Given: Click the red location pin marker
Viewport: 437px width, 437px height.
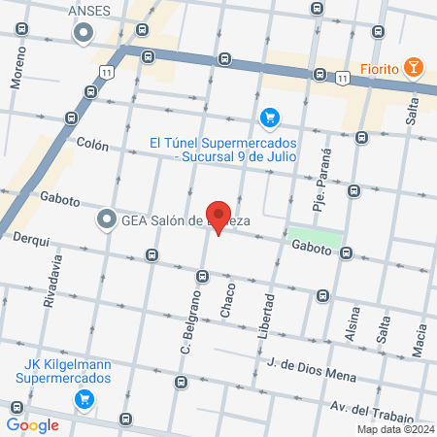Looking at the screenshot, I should tap(218, 218).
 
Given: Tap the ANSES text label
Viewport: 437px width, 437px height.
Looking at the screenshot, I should tap(93, 11).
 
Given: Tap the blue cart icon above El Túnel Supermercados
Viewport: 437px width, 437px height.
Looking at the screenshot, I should tap(270, 118).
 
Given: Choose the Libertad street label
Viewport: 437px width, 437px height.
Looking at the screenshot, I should tap(266, 318).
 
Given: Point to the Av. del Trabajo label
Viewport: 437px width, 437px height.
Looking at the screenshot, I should tap(366, 409).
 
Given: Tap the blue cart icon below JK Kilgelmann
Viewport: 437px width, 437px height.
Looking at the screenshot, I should tap(84, 397).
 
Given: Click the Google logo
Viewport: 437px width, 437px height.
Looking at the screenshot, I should tap(32, 424).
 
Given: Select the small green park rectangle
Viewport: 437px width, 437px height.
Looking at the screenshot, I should tap(316, 237).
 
